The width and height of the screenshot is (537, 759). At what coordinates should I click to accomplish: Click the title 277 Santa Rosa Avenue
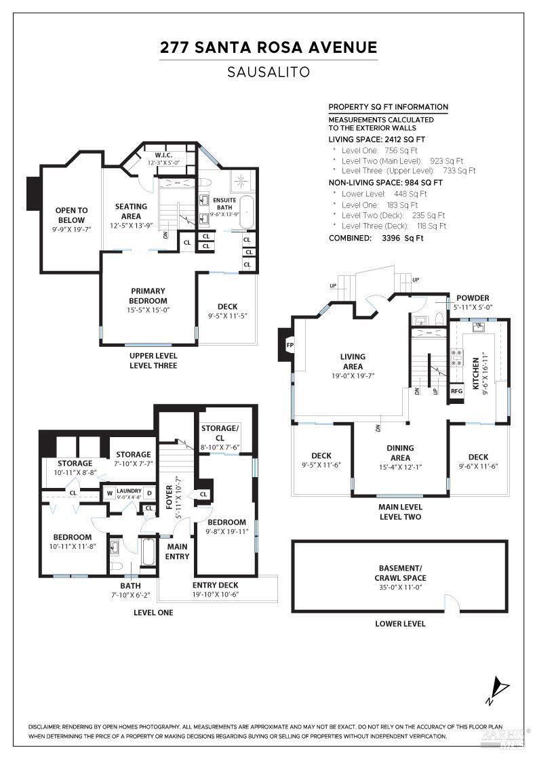click(x=268, y=47)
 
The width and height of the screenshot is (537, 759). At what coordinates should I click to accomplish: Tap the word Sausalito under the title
click(x=268, y=72)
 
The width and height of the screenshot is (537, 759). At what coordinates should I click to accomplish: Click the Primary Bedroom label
click(x=148, y=295)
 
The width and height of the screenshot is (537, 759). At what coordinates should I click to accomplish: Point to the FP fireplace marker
click(x=290, y=344)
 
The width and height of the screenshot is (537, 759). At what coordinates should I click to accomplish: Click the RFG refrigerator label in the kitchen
click(x=456, y=391)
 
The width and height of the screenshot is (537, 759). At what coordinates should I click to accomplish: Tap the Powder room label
click(x=473, y=298)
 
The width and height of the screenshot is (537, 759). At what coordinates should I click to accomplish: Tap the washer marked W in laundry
click(x=109, y=493)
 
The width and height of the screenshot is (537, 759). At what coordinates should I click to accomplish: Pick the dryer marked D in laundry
click(x=149, y=493)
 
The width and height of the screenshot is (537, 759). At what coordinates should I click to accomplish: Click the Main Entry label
click(x=178, y=552)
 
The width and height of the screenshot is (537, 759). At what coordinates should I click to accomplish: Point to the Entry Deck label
click(x=216, y=585)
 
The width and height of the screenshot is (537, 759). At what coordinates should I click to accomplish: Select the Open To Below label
click(x=71, y=215)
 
